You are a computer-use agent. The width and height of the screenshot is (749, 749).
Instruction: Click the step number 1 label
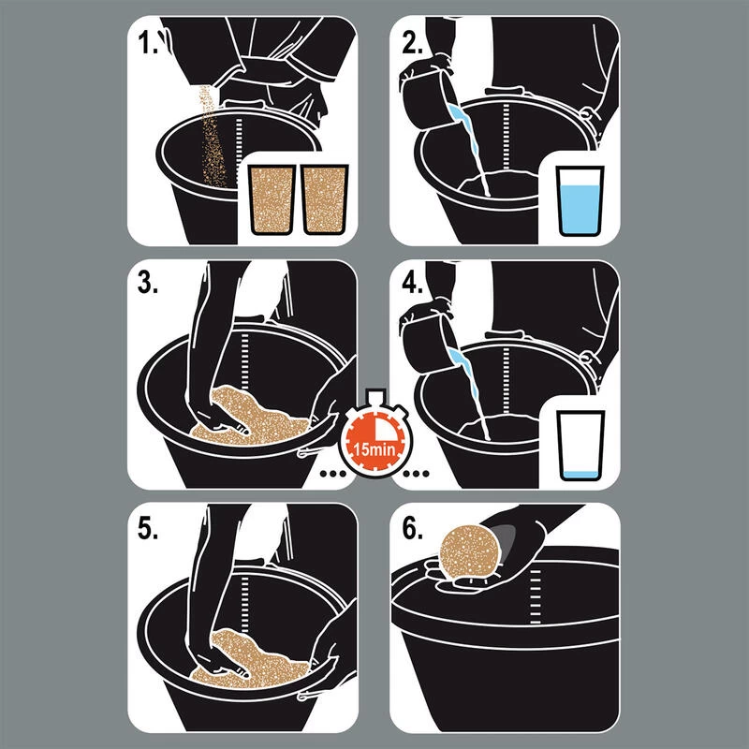point(147,43)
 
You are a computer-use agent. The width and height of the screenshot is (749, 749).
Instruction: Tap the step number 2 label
point(412,43)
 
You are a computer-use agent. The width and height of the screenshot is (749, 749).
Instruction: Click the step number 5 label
point(148,528)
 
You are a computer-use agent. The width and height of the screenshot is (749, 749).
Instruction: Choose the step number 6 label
point(412,528)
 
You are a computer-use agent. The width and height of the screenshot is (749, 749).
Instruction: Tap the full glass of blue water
point(580,200)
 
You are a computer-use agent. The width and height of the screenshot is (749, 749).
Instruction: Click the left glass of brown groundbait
point(272,199)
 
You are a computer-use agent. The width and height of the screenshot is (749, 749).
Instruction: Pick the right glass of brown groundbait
point(324,199)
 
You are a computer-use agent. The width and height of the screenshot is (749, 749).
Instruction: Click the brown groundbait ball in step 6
point(470,552)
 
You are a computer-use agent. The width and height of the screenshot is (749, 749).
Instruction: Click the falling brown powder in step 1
point(213,139)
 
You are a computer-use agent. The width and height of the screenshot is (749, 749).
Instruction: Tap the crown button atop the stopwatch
point(374,396)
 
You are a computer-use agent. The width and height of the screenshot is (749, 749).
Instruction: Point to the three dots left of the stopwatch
point(333,474)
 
